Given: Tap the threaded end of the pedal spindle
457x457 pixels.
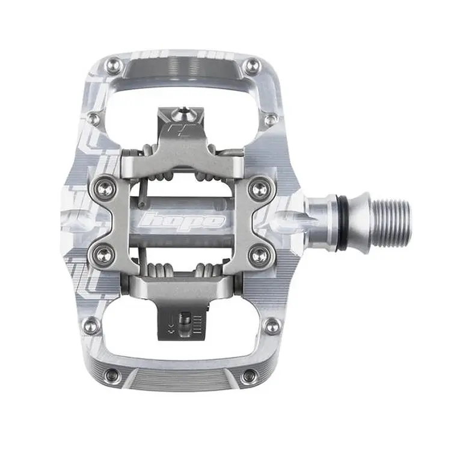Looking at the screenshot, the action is click(391, 223).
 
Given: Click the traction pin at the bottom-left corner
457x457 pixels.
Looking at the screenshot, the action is click(112, 376).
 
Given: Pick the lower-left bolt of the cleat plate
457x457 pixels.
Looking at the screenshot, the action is click(105, 256).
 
